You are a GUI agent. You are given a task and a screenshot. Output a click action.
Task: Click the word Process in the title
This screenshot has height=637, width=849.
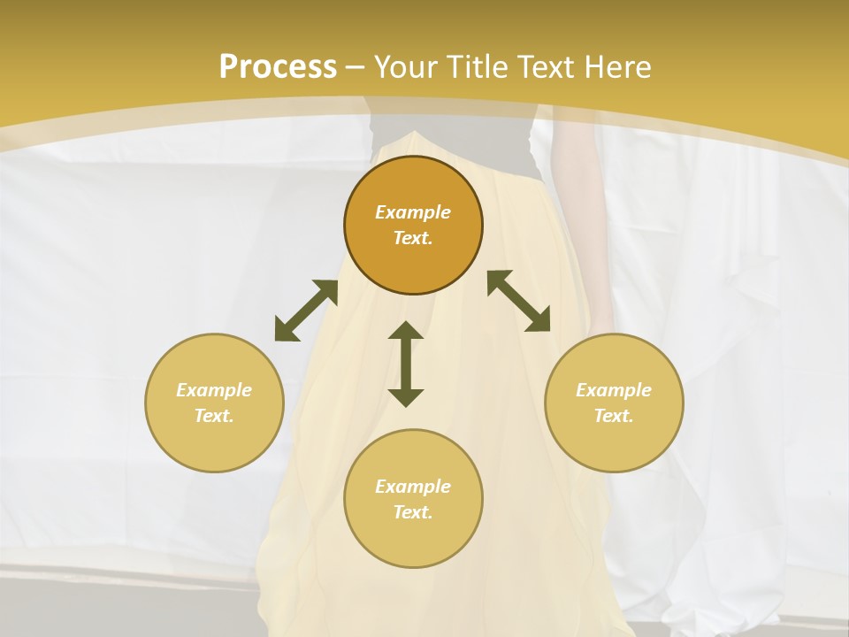pyautogui.click(x=278, y=66)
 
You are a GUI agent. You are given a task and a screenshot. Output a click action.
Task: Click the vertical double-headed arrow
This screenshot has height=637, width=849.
pyautogui.click(x=406, y=364)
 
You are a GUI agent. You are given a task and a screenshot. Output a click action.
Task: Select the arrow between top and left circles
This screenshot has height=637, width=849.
pyautogui.click(x=306, y=311)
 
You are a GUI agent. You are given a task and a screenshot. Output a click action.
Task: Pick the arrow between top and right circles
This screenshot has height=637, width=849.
pyautogui.click(x=519, y=301)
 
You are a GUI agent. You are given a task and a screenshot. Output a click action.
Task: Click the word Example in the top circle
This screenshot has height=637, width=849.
pyautogui.click(x=413, y=212)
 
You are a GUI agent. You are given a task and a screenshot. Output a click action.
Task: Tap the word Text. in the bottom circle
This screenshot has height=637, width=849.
pyautogui.click(x=413, y=512)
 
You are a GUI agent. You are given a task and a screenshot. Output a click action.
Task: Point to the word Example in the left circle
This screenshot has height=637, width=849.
pyautogui.click(x=214, y=390)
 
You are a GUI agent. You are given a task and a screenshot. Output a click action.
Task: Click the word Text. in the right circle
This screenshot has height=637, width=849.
pyautogui.click(x=614, y=416)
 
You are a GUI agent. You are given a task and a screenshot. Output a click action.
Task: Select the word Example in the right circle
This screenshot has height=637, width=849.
pyautogui.click(x=614, y=390)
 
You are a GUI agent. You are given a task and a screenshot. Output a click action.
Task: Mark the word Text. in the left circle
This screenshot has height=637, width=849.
pyautogui.click(x=214, y=416)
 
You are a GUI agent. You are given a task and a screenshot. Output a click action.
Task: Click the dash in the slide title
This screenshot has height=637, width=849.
pyautogui.click(x=355, y=67)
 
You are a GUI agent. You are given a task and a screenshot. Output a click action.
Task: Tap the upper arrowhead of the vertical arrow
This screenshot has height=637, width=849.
pyautogui.click(x=406, y=333)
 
